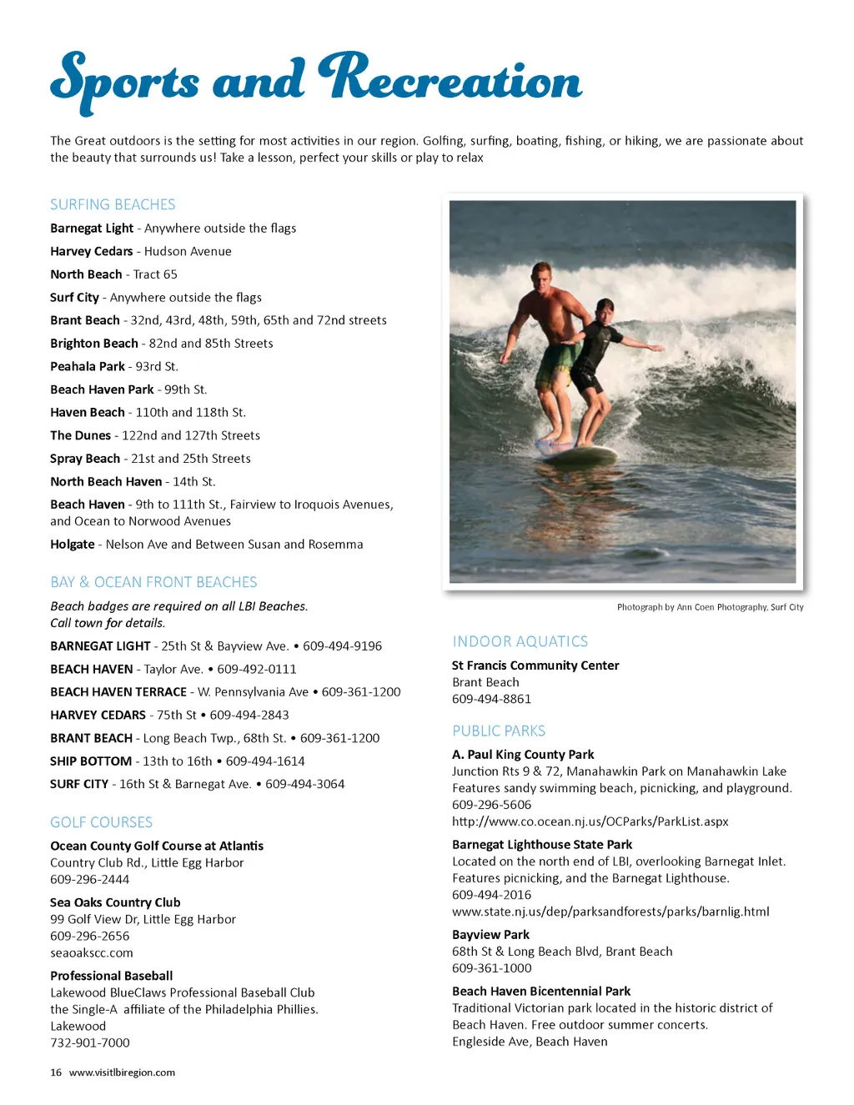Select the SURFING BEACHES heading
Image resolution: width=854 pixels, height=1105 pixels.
(113, 204)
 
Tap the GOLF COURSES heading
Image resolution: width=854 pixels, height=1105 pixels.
(101, 822)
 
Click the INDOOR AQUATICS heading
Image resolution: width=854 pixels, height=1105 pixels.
(520, 641)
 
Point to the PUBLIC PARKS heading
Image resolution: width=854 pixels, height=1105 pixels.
(499, 731)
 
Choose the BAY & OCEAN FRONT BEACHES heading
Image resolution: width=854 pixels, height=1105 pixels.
(153, 582)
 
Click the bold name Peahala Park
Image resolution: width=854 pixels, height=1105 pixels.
(88, 366)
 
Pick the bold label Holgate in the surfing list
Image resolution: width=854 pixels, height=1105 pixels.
(73, 545)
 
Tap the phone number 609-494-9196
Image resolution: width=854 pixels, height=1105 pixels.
(342, 646)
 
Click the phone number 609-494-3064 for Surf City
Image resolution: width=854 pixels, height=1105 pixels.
(304, 784)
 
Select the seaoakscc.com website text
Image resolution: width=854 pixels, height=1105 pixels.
(92, 953)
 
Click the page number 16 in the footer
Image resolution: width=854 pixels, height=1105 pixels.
(56, 1072)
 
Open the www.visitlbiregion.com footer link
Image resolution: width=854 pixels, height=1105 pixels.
(122, 1072)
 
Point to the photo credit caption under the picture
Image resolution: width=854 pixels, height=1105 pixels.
(710, 607)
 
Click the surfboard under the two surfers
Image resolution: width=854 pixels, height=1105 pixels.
(575, 455)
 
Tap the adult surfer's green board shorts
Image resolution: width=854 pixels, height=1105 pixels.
(556, 364)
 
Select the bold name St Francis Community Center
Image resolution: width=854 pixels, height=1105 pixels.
(535, 666)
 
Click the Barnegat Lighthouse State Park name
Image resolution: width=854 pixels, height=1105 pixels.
(542, 845)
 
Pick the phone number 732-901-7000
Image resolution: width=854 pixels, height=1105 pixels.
(90, 1043)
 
